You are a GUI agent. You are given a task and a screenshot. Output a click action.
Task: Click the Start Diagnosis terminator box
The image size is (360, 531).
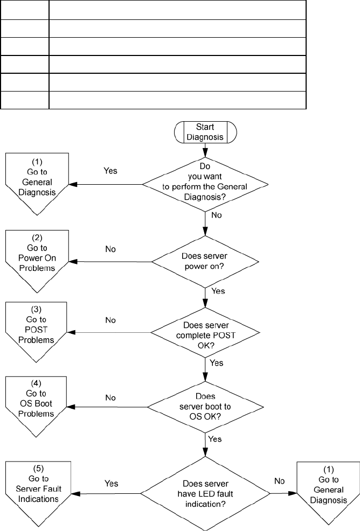click(x=205, y=132)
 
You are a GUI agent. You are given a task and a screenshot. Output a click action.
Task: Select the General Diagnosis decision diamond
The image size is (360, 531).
click(x=205, y=185)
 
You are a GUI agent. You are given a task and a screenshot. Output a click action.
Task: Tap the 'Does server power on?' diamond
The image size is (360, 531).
click(x=205, y=262)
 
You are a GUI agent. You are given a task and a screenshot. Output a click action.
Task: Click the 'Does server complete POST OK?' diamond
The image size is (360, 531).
click(x=205, y=332)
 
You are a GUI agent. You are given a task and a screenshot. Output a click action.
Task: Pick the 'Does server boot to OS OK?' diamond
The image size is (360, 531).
click(x=205, y=407)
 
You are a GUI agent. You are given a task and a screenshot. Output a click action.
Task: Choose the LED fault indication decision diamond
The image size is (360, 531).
click(x=205, y=493)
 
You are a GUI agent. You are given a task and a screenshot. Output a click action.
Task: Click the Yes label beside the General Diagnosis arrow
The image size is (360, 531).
click(x=110, y=171)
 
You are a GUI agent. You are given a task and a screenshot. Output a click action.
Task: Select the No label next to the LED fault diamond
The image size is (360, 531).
click(x=279, y=481)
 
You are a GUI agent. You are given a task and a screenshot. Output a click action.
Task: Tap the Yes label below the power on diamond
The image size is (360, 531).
click(x=218, y=291)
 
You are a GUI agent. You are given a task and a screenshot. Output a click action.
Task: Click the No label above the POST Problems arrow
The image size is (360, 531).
click(x=110, y=320)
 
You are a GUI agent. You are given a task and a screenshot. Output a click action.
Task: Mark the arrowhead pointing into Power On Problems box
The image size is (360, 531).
click(x=73, y=261)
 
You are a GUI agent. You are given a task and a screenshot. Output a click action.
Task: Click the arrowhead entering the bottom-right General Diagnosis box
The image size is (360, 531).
click(x=293, y=493)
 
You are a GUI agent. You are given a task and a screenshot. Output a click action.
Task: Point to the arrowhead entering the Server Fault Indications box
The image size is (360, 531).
click(x=75, y=493)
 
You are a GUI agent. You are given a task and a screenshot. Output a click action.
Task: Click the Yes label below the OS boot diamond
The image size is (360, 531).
click(x=215, y=439)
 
